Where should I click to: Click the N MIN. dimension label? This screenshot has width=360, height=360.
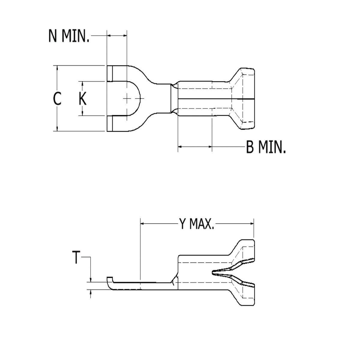click(x=69, y=36)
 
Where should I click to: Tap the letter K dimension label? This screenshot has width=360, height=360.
click(x=82, y=99)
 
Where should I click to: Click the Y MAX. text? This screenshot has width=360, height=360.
click(x=196, y=224)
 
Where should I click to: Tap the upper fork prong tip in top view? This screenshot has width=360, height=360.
click(x=110, y=73)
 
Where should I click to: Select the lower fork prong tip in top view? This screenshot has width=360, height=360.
click(x=110, y=123)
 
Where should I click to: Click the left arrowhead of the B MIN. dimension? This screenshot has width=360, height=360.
click(x=180, y=147)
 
